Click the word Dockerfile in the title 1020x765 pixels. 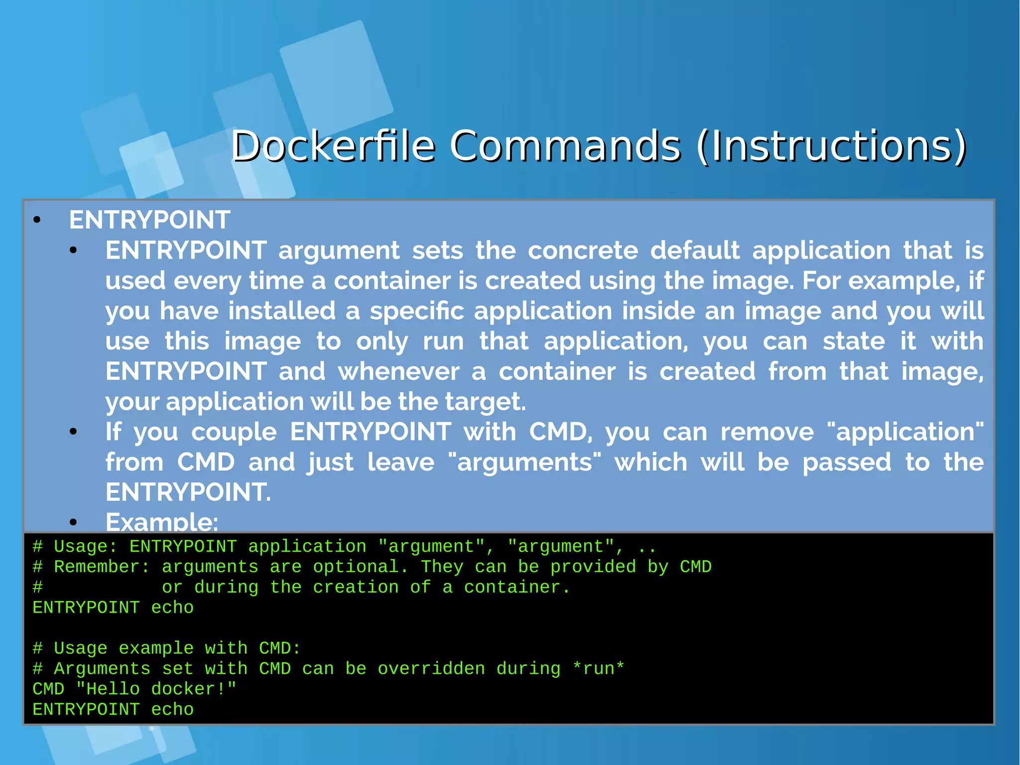(333, 146)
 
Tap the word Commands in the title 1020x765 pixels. (565, 146)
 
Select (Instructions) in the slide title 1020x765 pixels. (831, 146)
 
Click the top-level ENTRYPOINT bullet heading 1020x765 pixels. (149, 220)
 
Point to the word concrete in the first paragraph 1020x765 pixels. (583, 250)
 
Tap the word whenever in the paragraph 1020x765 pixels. (398, 371)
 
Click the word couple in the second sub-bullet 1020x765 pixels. (234, 432)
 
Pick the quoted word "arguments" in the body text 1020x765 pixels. (524, 462)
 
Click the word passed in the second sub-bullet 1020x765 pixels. (847, 462)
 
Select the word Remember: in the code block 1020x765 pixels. (102, 567)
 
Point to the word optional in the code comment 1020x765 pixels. (356, 567)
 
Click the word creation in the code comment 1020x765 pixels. (356, 588)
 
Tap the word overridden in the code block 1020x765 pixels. (431, 669)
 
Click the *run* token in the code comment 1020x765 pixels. (598, 669)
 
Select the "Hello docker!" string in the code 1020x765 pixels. (156, 689)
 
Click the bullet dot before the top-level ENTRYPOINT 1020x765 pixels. (37, 220)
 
